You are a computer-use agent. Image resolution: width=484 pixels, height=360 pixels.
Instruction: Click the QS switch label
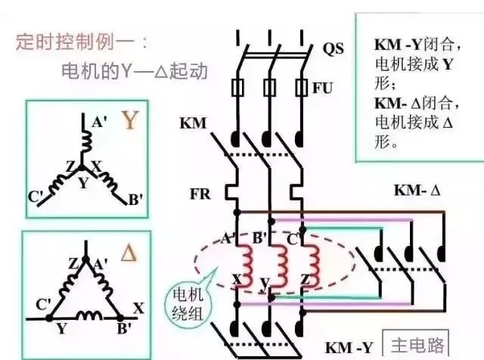click(333, 49)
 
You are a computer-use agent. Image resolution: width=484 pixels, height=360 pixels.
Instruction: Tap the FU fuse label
click(323, 88)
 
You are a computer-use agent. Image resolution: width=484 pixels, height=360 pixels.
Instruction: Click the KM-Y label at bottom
click(349, 348)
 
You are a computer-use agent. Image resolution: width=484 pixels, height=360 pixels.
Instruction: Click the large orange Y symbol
click(131, 120)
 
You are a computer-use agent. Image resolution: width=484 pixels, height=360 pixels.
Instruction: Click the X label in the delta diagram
click(138, 309)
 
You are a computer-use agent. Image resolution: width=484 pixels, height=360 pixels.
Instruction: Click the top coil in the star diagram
click(86, 140)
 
